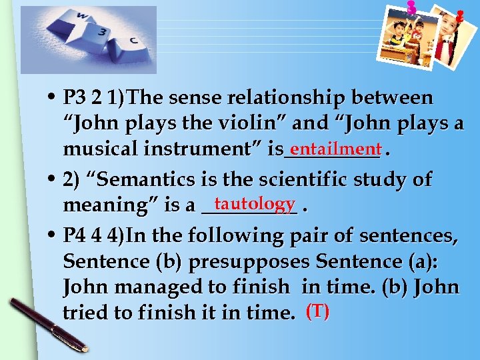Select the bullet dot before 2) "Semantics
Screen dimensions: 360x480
pos(52,180)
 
